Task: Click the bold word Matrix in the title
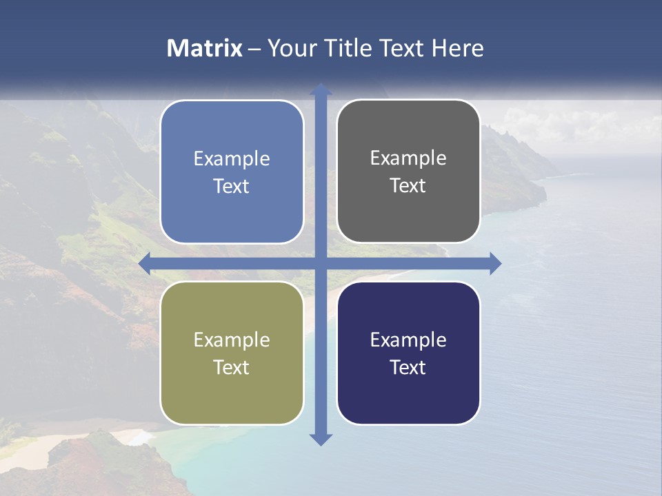205,48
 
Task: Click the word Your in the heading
290,48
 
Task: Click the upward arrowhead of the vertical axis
321,90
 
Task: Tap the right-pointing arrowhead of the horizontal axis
494,263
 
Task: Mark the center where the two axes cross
321,263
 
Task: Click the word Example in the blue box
232,159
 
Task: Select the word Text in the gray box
408,186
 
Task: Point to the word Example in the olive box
232,340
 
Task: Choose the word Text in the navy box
408,368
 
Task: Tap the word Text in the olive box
232,368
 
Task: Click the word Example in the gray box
408,158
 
